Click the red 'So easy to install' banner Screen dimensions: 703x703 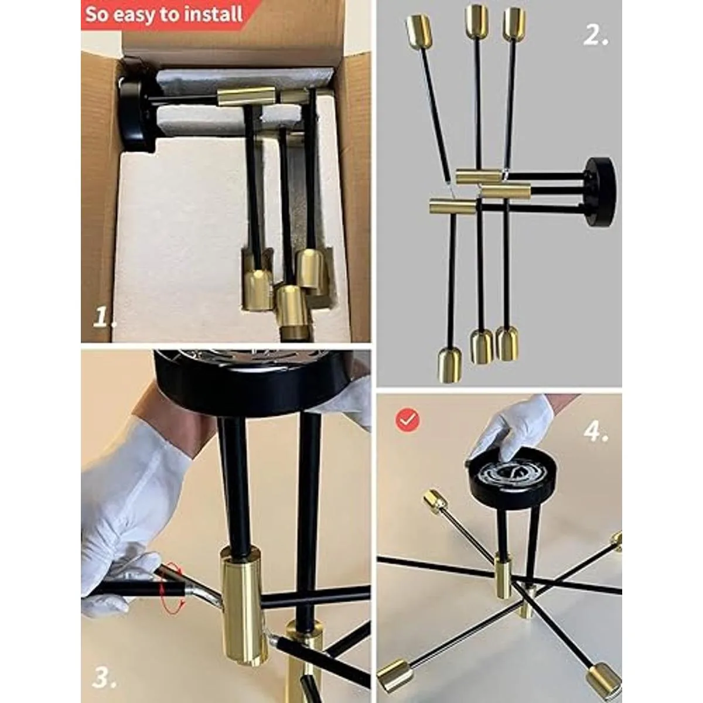pyautogui.click(x=164, y=14)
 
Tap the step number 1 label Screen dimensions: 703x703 pyautogui.click(x=105, y=319)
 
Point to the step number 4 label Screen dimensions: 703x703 pyautogui.click(x=595, y=432)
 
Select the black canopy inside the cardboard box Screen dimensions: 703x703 pyautogui.click(x=136, y=105)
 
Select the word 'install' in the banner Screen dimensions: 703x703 pyautogui.click(x=212, y=14)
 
